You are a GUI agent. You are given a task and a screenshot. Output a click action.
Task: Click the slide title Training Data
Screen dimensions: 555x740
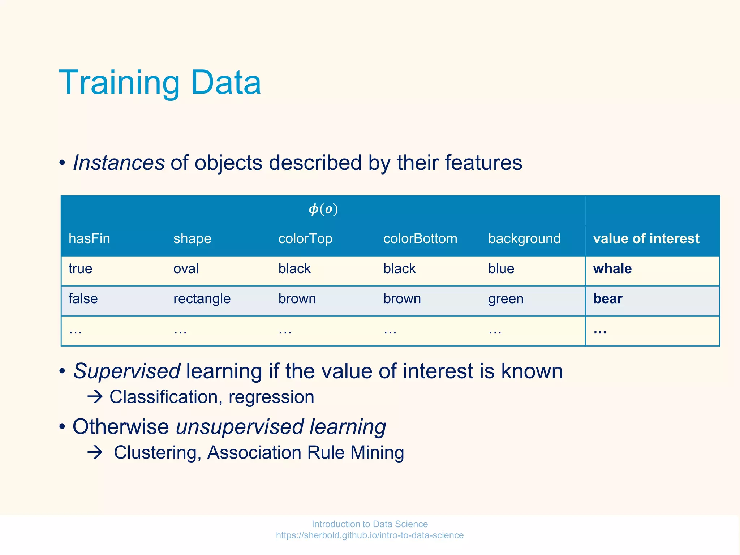pyautogui.click(x=160, y=83)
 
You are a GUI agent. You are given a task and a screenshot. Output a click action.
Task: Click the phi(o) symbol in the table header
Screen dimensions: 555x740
pyautogui.click(x=323, y=209)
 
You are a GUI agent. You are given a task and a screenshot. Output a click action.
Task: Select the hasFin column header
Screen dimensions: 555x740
pyautogui.click(x=89, y=238)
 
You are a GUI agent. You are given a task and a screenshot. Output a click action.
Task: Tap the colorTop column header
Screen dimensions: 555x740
pyautogui.click(x=305, y=238)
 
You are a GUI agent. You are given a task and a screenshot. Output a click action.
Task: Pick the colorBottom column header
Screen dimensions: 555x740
pyautogui.click(x=420, y=238)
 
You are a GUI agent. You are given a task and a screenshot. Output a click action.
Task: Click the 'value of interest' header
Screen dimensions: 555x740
pyautogui.click(x=646, y=238)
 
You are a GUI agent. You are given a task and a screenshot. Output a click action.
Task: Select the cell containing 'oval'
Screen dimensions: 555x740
pyautogui.click(x=186, y=269)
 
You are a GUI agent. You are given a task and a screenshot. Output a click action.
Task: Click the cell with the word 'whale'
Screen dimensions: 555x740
pyautogui.click(x=612, y=269)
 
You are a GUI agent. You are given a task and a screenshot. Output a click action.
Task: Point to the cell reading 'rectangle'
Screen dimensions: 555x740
pyautogui.click(x=202, y=299)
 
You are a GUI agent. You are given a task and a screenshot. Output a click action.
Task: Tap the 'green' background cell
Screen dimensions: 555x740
pyautogui.click(x=505, y=299)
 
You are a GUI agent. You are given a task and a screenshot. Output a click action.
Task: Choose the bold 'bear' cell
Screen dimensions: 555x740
pyautogui.click(x=608, y=299)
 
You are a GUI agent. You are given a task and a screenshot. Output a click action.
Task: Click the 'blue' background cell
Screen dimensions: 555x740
pyautogui.click(x=501, y=269)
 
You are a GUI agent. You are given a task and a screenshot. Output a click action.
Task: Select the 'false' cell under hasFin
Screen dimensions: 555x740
pyautogui.click(x=83, y=299)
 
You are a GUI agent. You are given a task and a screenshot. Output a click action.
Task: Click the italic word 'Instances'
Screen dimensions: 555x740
pyautogui.click(x=119, y=163)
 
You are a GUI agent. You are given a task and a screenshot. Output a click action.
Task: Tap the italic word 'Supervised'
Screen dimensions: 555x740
pyautogui.click(x=127, y=371)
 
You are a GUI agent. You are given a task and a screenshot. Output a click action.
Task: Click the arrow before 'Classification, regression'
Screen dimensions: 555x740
pyautogui.click(x=95, y=397)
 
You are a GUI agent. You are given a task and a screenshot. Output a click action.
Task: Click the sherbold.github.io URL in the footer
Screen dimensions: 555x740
pyautogui.click(x=370, y=535)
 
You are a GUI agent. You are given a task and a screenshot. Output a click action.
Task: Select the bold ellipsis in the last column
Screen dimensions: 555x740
pyautogui.click(x=600, y=331)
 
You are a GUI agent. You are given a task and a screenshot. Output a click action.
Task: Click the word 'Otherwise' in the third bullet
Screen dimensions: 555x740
pyautogui.click(x=121, y=427)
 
